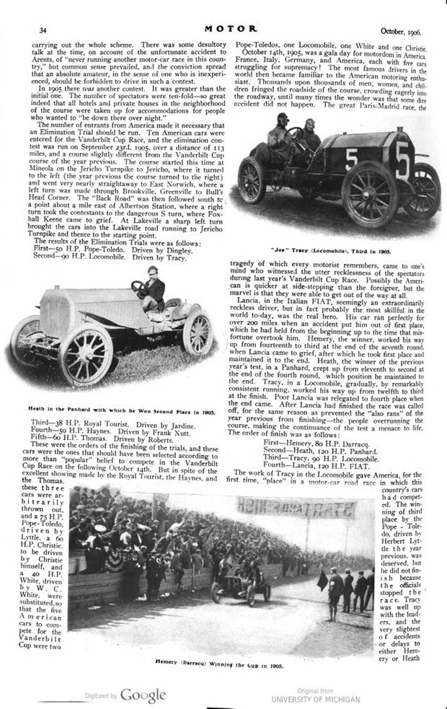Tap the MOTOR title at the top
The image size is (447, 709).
226,28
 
